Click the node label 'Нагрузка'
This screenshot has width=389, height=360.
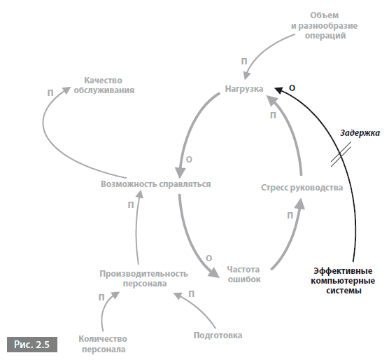click(x=244, y=89)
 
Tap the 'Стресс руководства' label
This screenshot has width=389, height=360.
click(x=302, y=188)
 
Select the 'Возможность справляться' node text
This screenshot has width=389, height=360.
click(x=156, y=184)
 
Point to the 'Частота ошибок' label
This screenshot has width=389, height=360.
click(x=243, y=275)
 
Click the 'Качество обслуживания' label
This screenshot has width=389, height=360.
click(x=104, y=85)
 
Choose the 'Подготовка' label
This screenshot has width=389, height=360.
click(x=218, y=335)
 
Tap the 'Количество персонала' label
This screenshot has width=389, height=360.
click(x=103, y=344)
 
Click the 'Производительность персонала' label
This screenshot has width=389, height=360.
click(x=144, y=279)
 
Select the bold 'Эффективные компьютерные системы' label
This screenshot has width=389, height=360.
click(x=343, y=281)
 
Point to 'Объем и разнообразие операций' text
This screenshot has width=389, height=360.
click(x=325, y=25)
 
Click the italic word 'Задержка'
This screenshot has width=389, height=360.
click(x=360, y=133)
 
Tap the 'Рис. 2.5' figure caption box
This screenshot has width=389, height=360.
click(x=32, y=345)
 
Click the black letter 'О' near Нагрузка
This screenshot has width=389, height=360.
click(x=292, y=88)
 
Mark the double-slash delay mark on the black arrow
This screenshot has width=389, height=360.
click(x=341, y=154)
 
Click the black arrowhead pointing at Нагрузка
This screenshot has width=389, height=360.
click(x=278, y=90)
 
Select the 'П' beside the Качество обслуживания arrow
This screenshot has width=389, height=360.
click(x=50, y=93)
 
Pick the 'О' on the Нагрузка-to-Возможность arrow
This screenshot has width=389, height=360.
click(x=189, y=160)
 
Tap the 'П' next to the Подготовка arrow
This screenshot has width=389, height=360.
click(x=191, y=294)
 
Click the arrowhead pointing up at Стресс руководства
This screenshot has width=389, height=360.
click(x=300, y=204)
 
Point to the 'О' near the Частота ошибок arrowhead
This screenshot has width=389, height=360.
click(x=209, y=258)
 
